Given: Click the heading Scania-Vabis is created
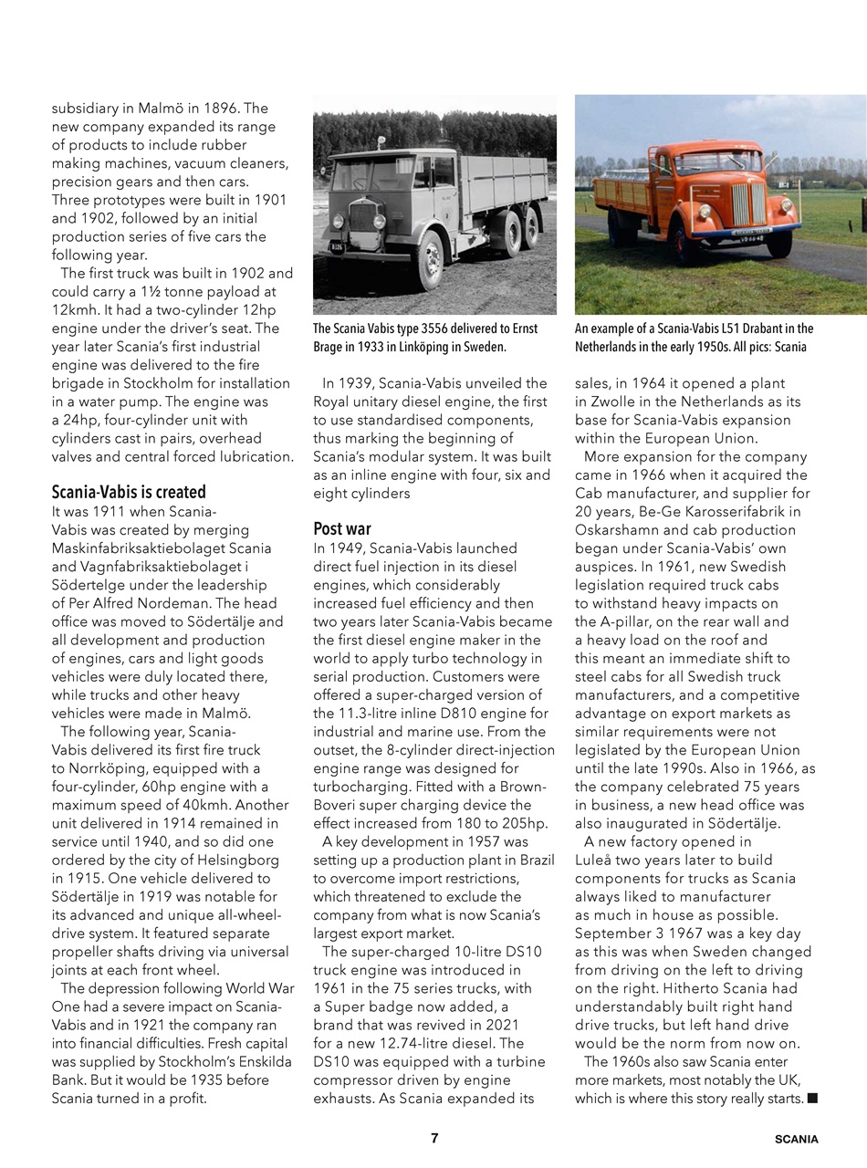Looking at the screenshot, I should [x=128, y=492].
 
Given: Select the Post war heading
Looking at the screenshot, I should [x=342, y=528].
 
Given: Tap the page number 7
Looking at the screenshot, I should [x=434, y=1138].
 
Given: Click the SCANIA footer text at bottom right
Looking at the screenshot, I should [x=796, y=1139].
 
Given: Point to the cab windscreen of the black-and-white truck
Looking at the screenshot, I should [x=364, y=174].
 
